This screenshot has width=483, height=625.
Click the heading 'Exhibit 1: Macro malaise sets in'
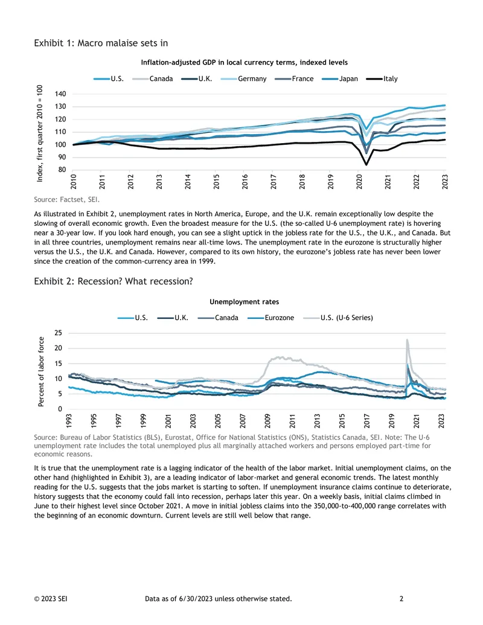[101, 43]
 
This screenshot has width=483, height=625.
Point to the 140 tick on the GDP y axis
[60, 94]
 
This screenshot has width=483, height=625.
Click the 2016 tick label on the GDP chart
[245, 181]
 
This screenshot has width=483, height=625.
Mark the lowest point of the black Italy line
[366, 164]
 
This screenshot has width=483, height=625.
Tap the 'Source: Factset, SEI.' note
[66, 199]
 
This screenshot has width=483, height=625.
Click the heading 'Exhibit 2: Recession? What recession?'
[113, 281]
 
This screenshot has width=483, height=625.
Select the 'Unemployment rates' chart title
[245, 302]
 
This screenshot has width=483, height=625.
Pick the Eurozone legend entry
[270, 318]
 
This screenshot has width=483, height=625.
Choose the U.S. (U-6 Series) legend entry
[338, 318]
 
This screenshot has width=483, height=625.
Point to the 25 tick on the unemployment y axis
[58, 333]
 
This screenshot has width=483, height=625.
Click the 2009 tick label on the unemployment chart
[267, 421]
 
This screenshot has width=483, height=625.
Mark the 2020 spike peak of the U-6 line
[407, 339]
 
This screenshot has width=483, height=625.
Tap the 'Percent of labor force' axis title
[40, 371]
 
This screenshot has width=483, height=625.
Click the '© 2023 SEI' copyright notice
[51, 598]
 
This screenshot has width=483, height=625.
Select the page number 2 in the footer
[401, 598]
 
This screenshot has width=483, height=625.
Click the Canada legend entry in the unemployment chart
[218, 318]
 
